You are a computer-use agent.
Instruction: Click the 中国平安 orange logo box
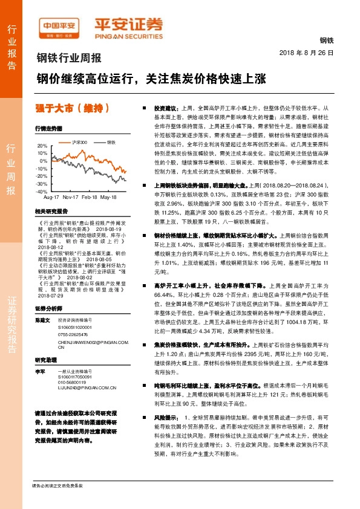tap(60, 26)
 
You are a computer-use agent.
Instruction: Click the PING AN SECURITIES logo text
tap(129, 35)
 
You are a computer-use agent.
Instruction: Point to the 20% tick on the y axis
tap(42, 146)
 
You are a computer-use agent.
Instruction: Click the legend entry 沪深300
tap(79, 142)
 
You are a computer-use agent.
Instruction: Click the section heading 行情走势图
tap(49, 129)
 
